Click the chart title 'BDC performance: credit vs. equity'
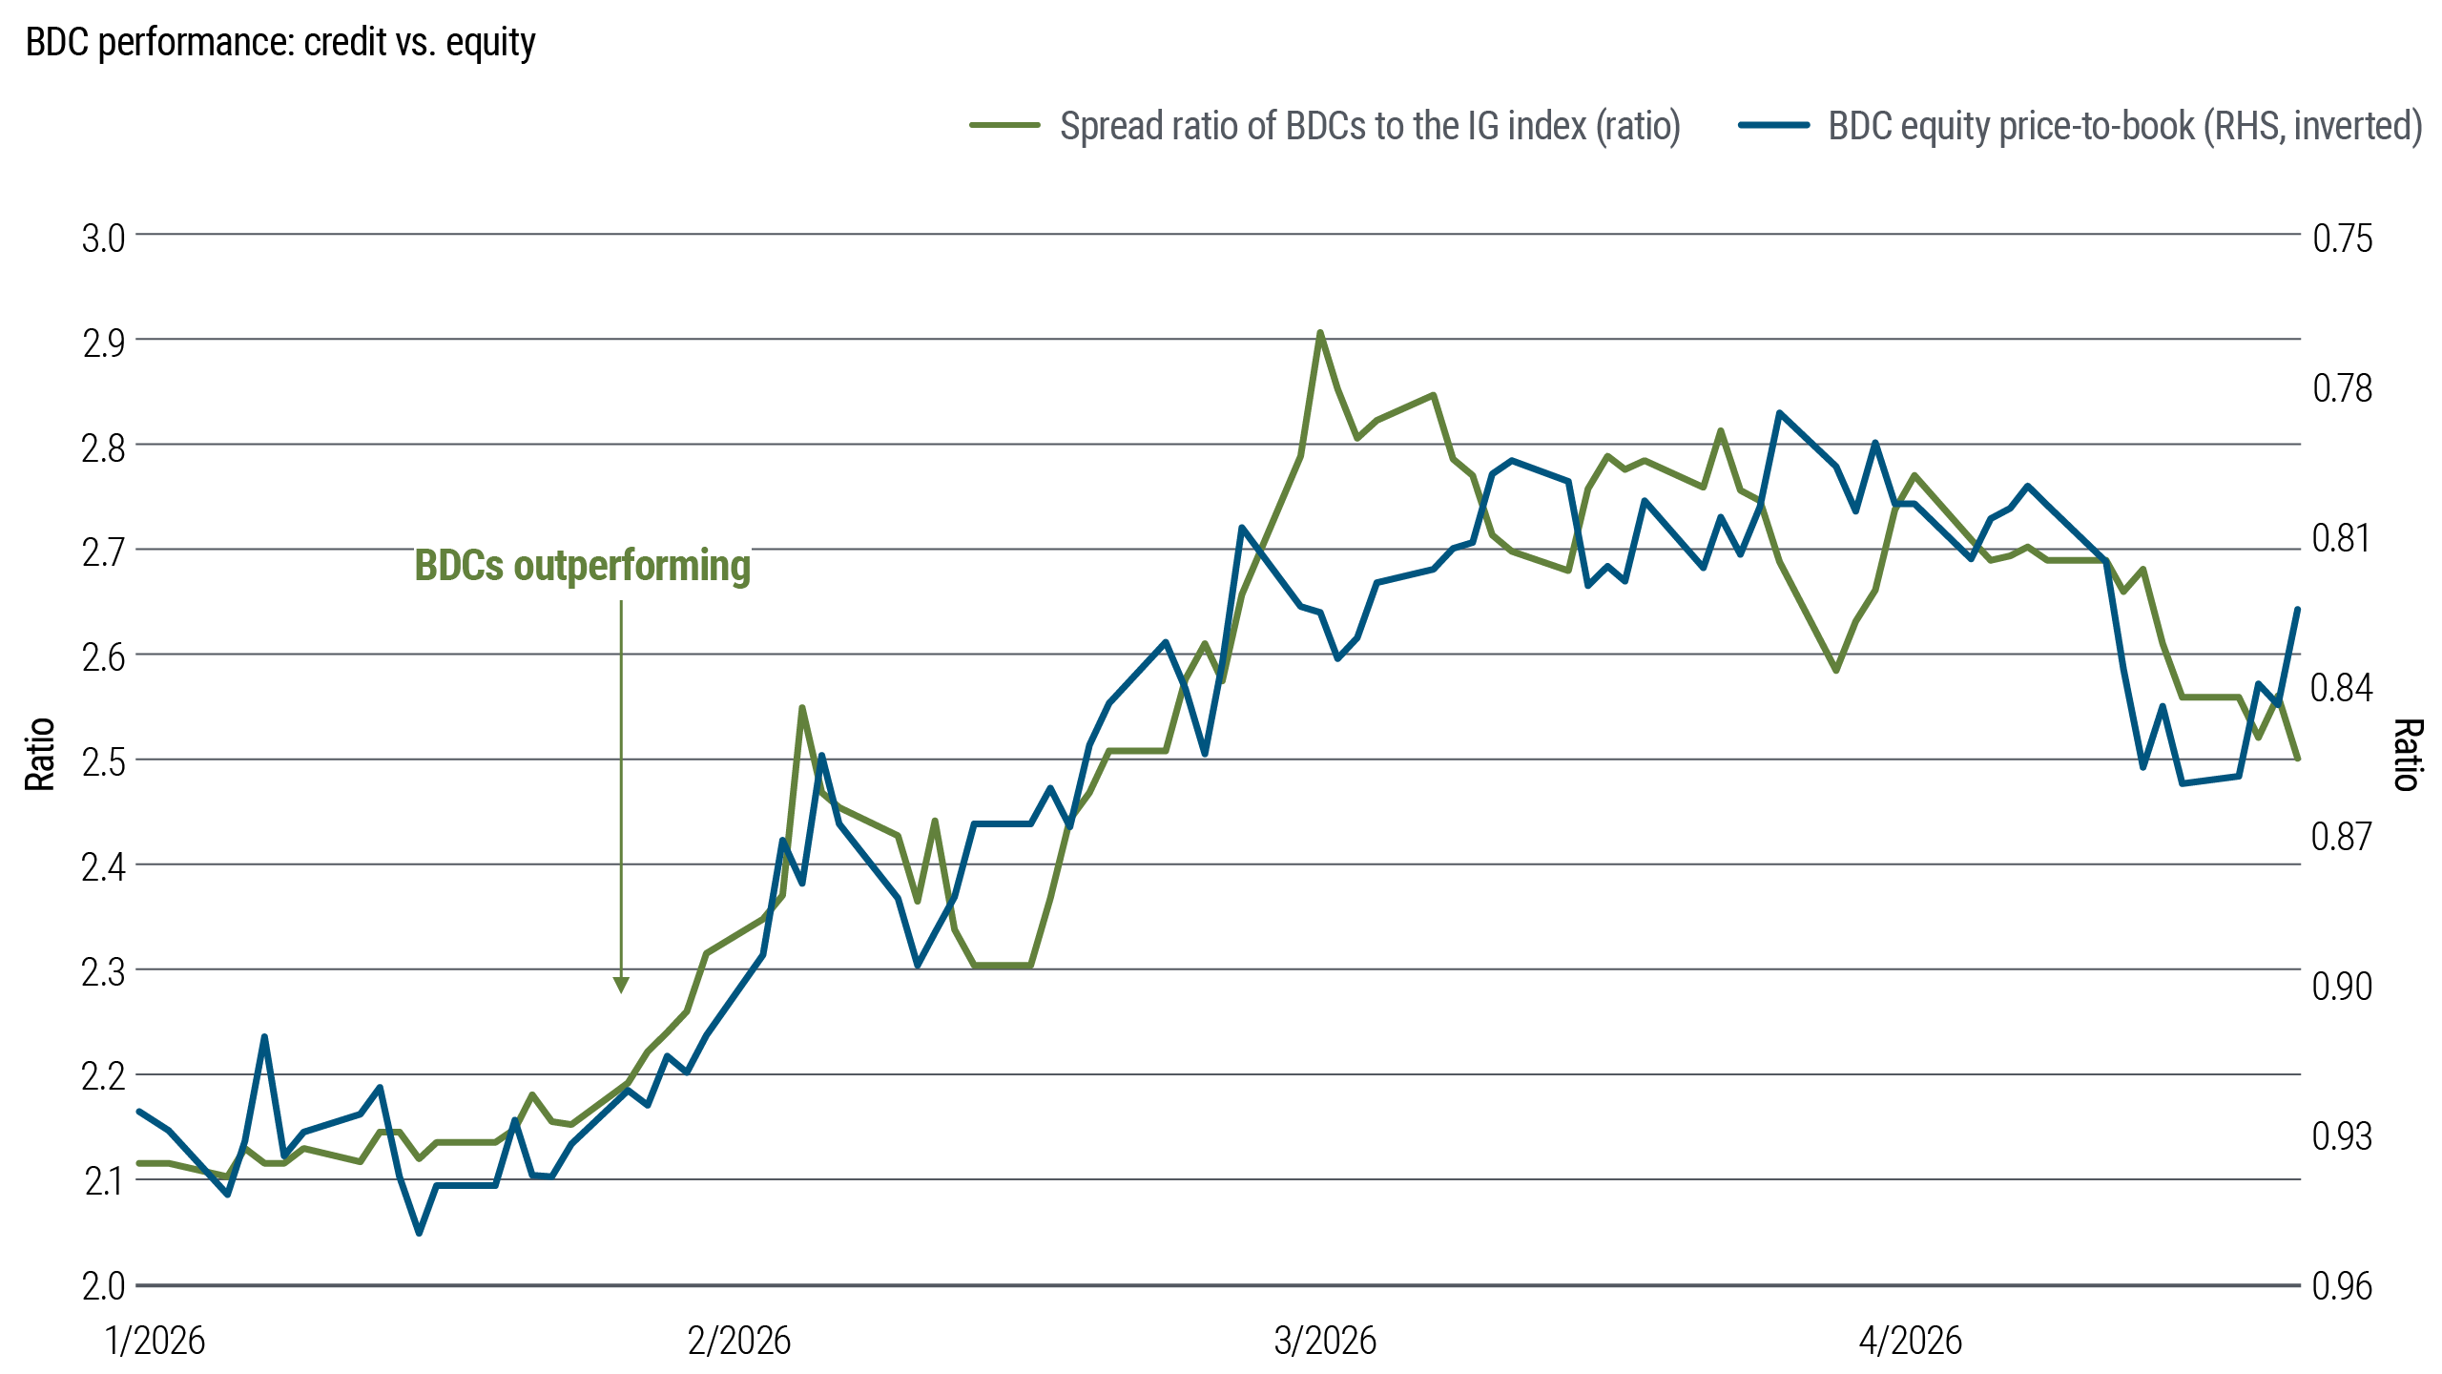(280, 43)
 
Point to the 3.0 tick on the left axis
(103, 239)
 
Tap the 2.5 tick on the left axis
(103, 762)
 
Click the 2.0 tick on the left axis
(103, 1286)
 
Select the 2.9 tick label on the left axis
(103, 343)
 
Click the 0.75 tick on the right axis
(2342, 239)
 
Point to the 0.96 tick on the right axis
(2342, 1286)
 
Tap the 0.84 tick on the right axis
(2342, 687)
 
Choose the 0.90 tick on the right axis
(2342, 987)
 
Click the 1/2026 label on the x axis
(155, 1342)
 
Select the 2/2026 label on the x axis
(739, 1342)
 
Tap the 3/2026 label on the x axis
(1325, 1342)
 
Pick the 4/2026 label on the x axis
(1910, 1342)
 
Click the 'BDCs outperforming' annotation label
(582, 563)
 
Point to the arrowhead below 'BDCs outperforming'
(621, 986)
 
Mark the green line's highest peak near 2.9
(1320, 333)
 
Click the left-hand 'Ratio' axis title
(40, 754)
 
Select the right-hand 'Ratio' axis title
(2408, 754)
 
